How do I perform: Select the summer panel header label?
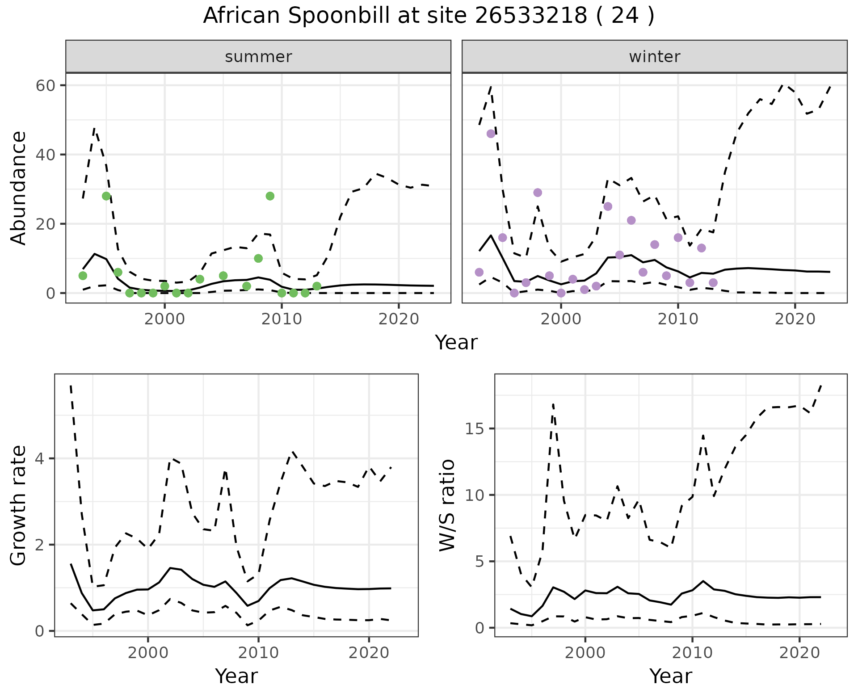point(258,57)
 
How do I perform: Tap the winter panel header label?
point(654,57)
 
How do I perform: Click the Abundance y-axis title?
point(19,188)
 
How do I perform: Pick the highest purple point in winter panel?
point(491,134)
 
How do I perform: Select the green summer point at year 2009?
point(270,196)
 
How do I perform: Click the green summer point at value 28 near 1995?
point(106,196)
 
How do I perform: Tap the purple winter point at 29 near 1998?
point(538,193)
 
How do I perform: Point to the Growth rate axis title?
point(19,505)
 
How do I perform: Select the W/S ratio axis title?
point(447,505)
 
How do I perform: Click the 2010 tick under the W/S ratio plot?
point(692,653)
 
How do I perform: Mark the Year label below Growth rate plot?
point(236,676)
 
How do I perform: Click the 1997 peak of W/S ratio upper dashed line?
point(553,404)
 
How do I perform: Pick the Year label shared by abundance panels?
point(456,343)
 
